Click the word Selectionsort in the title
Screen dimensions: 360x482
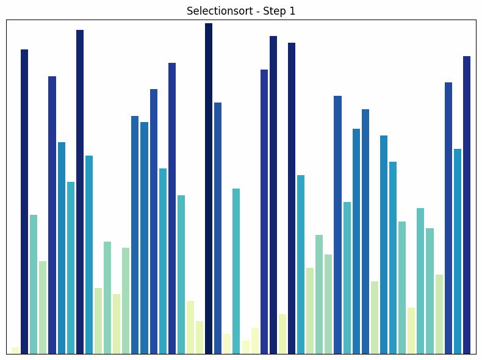215,11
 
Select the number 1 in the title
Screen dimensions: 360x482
292,11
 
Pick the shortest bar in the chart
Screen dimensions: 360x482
15,350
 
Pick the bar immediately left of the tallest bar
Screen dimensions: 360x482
200,337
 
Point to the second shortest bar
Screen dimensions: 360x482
246,347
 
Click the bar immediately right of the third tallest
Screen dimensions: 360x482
282,334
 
